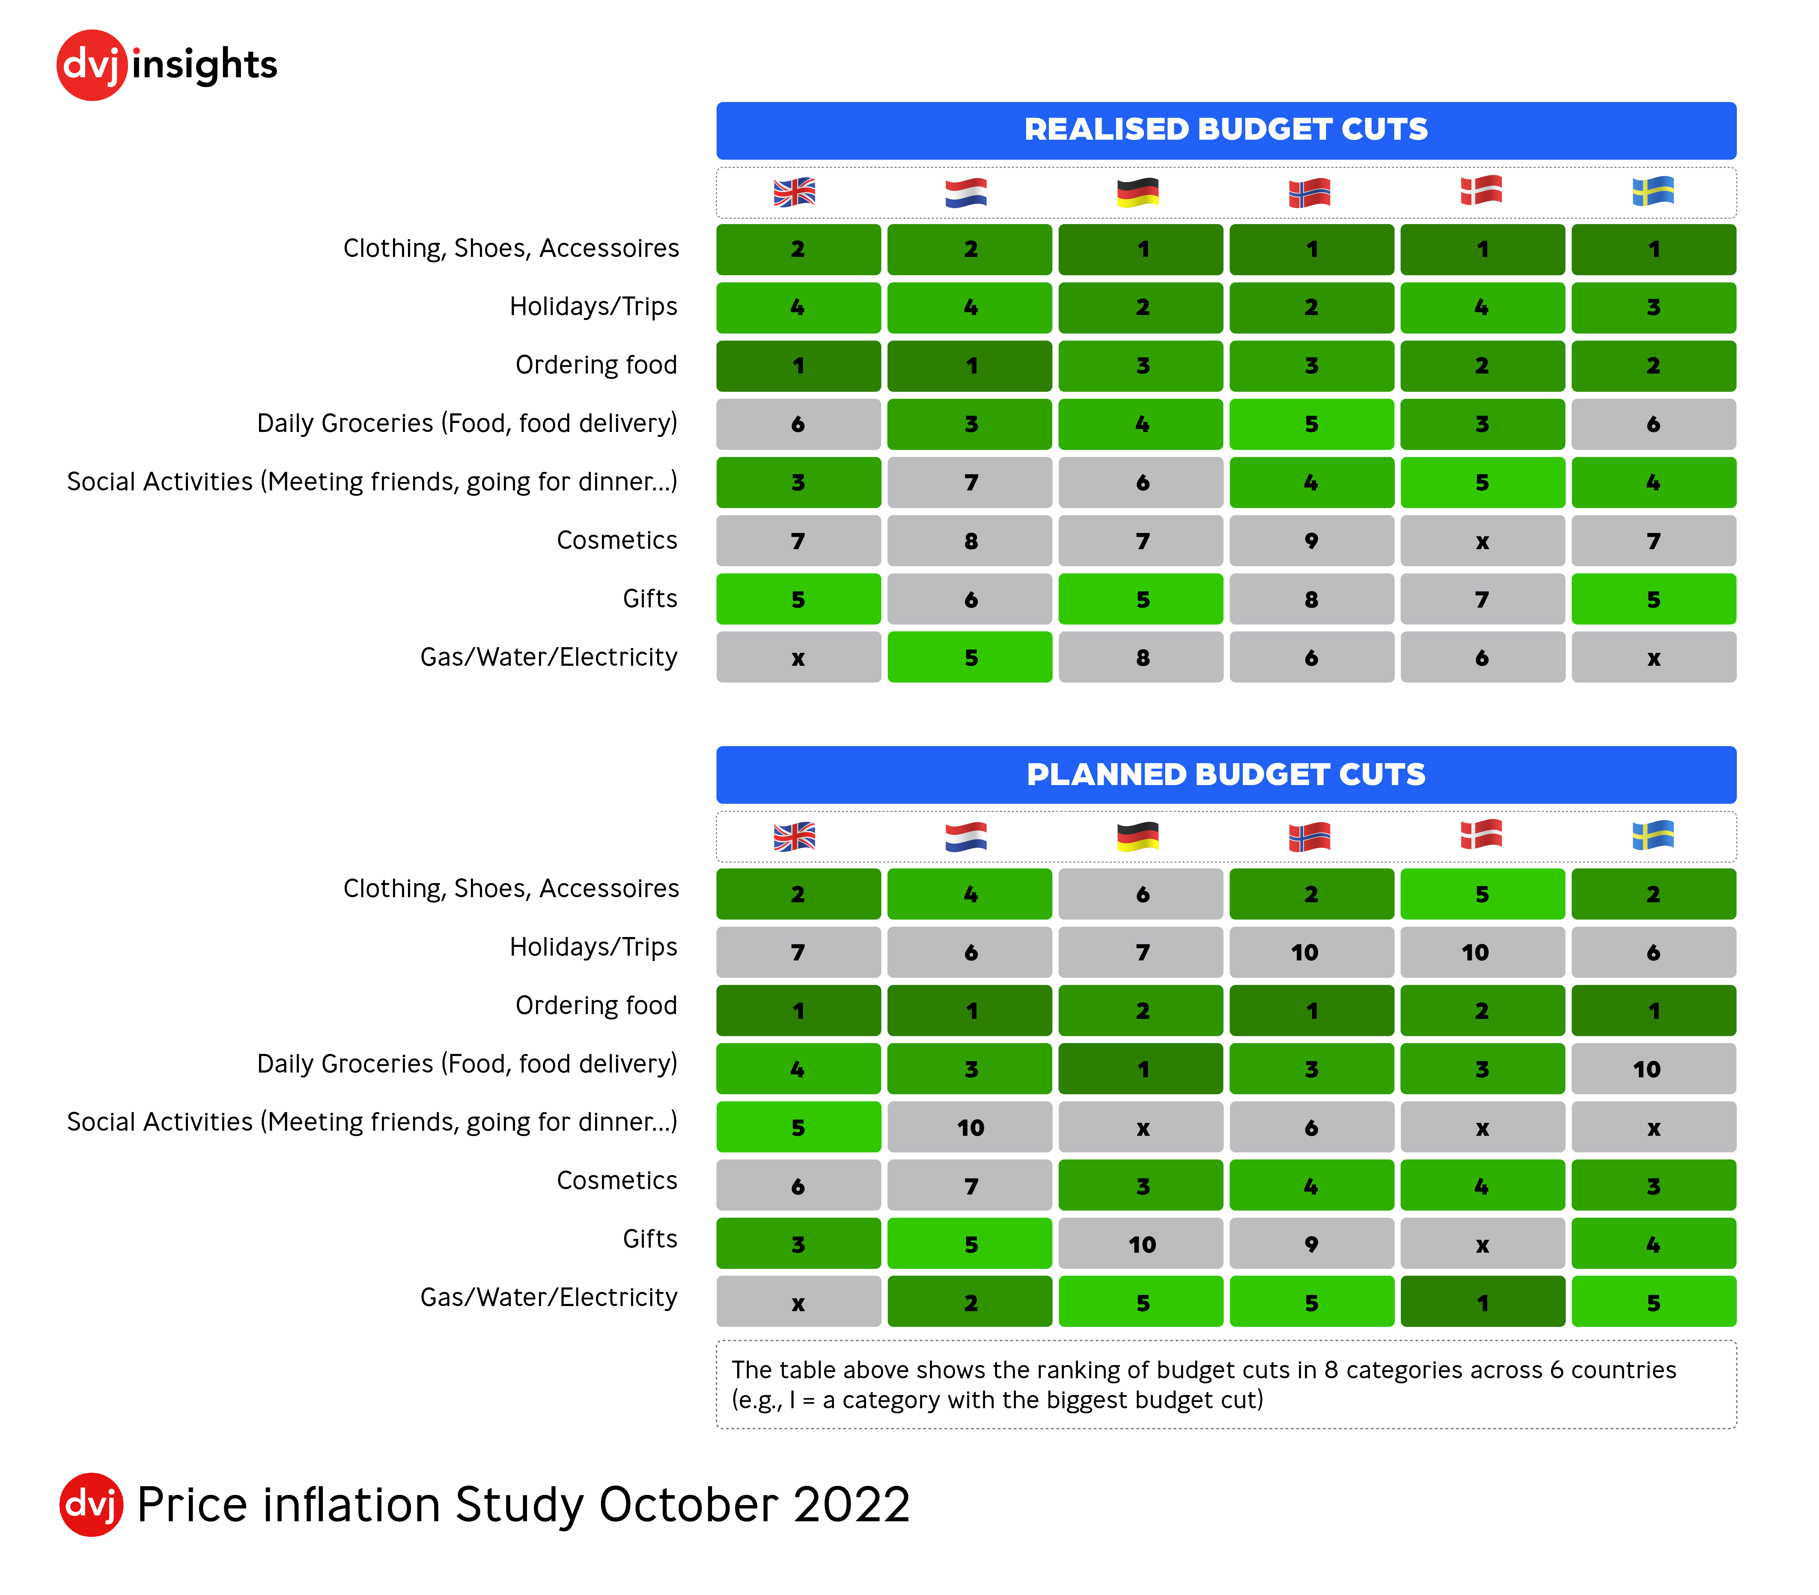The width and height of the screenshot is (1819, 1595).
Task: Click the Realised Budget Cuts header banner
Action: (x=1225, y=130)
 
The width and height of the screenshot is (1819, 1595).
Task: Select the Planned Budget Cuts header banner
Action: (x=1225, y=774)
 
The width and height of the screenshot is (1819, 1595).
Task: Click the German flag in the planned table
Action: (x=1137, y=837)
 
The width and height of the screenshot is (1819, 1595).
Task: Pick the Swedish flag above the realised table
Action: (x=1653, y=191)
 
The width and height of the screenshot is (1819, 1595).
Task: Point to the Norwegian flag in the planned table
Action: (x=1309, y=837)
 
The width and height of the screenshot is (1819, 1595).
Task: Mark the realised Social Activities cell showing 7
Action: (x=970, y=482)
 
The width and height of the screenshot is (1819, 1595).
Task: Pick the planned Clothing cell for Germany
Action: (x=1141, y=894)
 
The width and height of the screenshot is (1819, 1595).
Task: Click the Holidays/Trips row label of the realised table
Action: (x=594, y=307)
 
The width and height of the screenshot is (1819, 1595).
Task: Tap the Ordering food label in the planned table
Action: (x=596, y=1006)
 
